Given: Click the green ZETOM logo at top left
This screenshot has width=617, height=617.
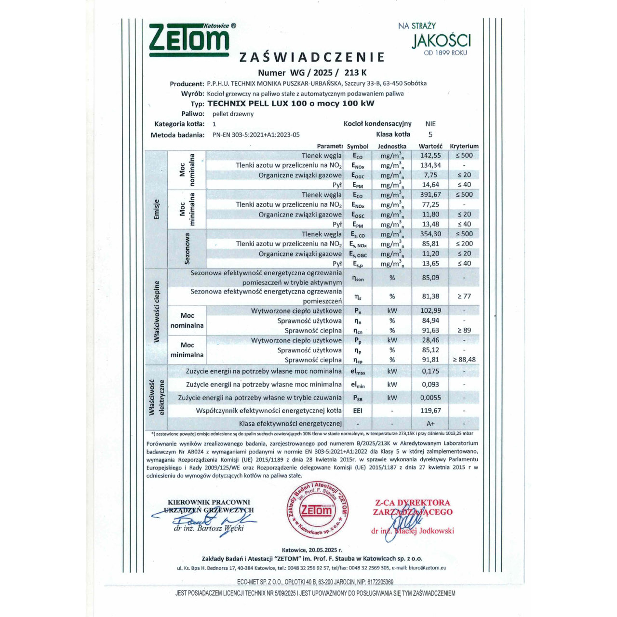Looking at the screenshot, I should click(189, 40).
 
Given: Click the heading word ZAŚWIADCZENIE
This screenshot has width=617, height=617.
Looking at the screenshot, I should click(312, 57).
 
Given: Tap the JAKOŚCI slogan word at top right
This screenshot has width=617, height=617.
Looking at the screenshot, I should click(441, 40).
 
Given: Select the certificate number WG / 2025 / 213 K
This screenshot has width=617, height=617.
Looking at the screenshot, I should click(312, 73).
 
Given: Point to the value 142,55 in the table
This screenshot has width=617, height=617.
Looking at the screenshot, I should click(430, 155).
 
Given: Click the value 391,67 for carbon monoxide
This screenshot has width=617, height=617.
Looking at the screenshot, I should click(430, 195).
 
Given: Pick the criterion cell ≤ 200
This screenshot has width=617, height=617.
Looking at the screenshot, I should click(464, 243).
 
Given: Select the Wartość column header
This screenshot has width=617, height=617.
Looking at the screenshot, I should click(430, 146).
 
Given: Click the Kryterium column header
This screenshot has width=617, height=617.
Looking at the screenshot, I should click(464, 146).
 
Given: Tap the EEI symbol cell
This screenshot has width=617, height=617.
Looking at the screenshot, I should click(357, 411).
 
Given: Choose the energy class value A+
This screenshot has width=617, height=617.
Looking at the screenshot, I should click(430, 424).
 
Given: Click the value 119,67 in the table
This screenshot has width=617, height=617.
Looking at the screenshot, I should click(430, 411).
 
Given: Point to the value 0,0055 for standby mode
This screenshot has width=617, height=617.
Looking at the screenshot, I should click(430, 398).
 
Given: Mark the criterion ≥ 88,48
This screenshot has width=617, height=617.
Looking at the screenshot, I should click(464, 360).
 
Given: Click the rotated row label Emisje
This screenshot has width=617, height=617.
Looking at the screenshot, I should click(156, 210).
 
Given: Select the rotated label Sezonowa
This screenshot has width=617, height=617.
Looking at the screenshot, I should click(187, 249).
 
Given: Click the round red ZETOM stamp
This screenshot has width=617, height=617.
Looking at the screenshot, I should click(317, 510).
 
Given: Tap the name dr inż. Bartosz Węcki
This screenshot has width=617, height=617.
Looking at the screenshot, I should click(209, 528).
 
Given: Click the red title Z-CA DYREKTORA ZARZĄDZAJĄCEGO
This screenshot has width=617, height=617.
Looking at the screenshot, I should click(413, 507).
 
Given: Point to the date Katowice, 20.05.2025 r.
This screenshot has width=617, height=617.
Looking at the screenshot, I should click(312, 550).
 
